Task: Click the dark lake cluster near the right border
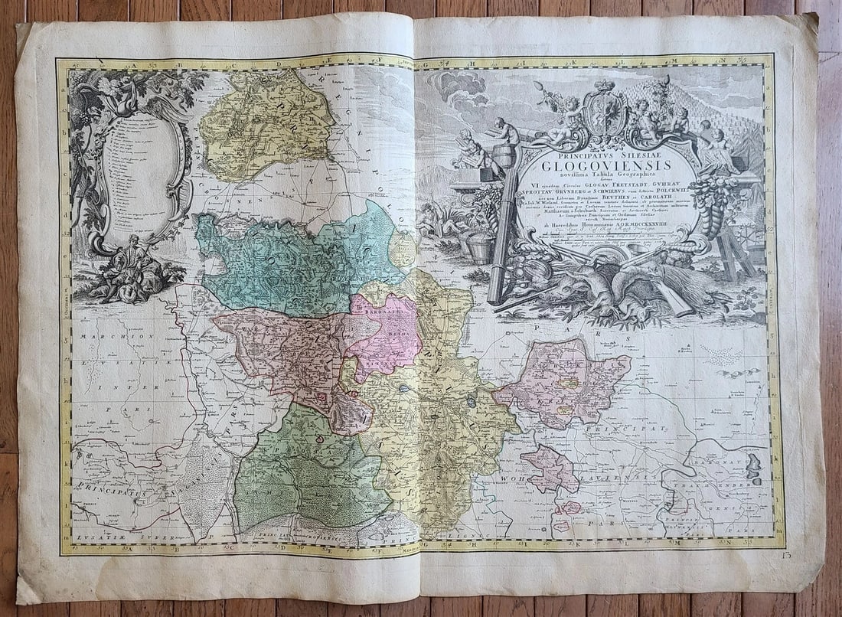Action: [x=754, y=466]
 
